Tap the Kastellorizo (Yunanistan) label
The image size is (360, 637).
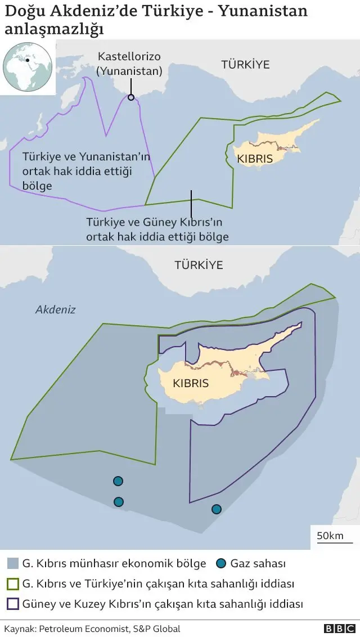point(130,64)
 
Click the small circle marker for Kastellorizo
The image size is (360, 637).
point(131,97)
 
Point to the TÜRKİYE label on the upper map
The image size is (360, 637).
point(245,64)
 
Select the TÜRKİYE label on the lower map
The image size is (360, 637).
point(199,264)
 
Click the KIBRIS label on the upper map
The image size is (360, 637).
point(255,159)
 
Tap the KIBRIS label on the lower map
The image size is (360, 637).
point(191,383)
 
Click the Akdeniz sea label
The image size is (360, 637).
point(55,309)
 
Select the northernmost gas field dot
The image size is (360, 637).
point(118,481)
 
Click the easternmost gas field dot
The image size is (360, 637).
point(217,509)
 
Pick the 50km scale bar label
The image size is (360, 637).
point(330,535)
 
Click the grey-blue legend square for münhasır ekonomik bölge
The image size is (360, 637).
point(12,563)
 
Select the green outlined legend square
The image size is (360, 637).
point(12,584)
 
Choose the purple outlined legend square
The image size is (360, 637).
point(12,604)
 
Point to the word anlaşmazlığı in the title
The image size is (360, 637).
point(54,29)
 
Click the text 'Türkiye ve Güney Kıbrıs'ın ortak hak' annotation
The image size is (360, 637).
point(157,230)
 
